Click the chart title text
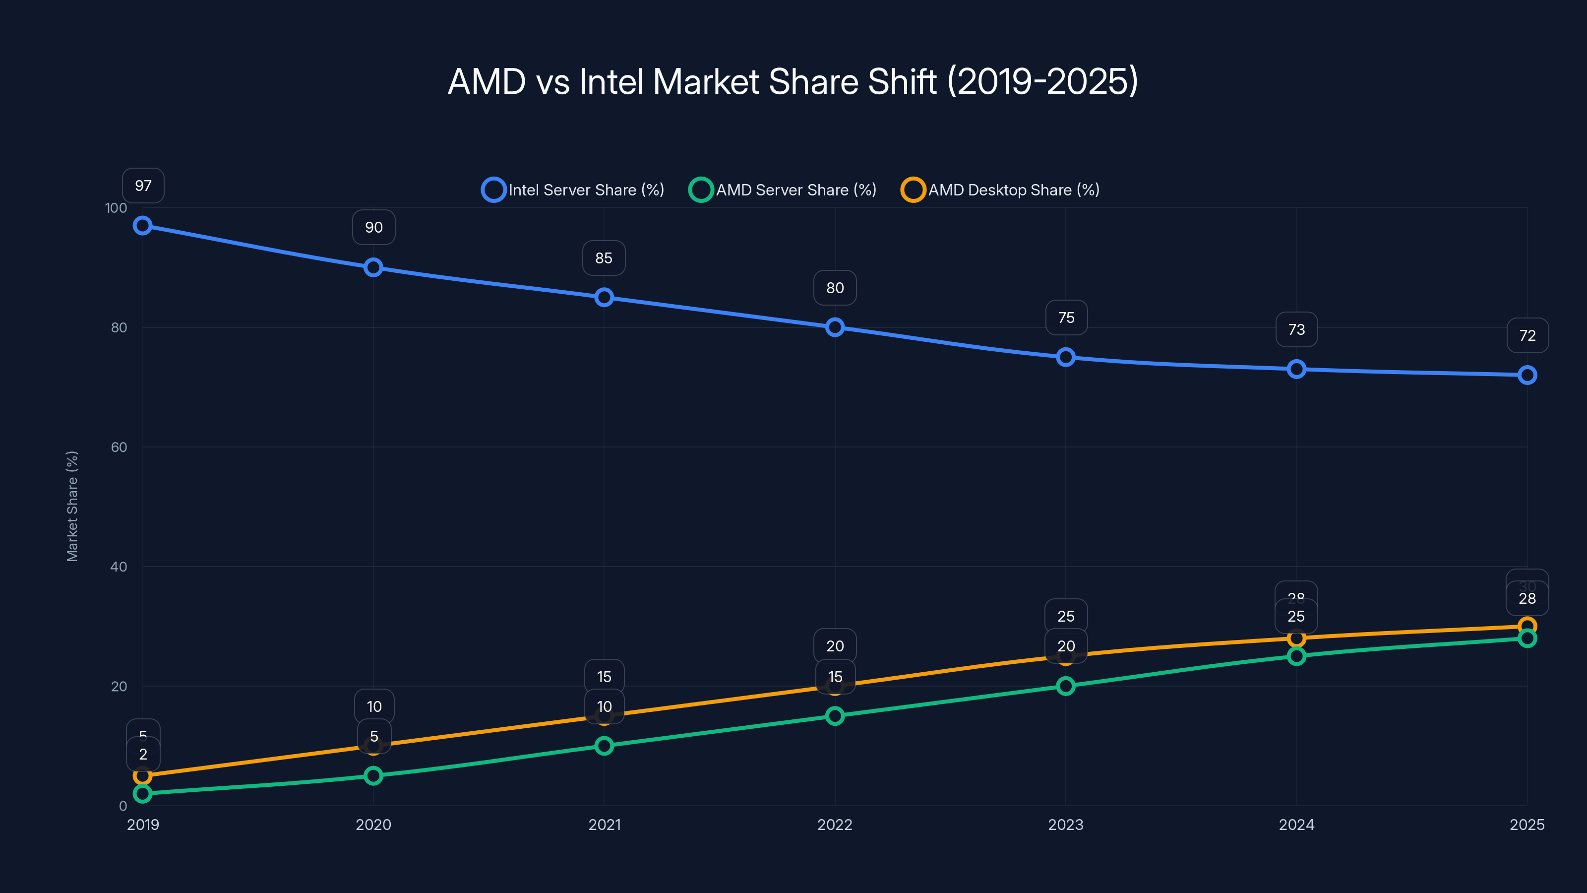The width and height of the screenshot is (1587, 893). tap(793, 81)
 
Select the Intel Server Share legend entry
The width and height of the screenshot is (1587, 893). tap(573, 190)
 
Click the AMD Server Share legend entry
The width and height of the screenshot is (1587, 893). tap(783, 190)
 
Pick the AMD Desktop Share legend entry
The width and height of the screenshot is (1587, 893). tap(1000, 190)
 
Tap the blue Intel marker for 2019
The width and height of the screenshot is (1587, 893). tap(143, 226)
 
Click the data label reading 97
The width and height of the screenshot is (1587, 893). tap(143, 186)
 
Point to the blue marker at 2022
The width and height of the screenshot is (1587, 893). tap(835, 327)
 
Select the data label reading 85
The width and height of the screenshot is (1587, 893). tap(604, 258)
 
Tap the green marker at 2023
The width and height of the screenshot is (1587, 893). tap(1066, 686)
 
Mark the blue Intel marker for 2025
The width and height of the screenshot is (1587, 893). tap(1527, 375)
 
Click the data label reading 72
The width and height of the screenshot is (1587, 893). tap(1527, 336)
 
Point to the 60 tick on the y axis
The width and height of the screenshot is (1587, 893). tap(119, 447)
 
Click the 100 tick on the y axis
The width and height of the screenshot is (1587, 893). tap(116, 208)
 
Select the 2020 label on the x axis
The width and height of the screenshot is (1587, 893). tap(373, 825)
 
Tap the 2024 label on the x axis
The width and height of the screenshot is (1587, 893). tap(1296, 825)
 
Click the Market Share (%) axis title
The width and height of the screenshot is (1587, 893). tap(72, 506)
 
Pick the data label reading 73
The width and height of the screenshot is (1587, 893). tap(1296, 330)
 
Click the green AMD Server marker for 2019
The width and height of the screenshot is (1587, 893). tap(143, 794)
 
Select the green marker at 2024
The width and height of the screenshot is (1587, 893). tap(1296, 656)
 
